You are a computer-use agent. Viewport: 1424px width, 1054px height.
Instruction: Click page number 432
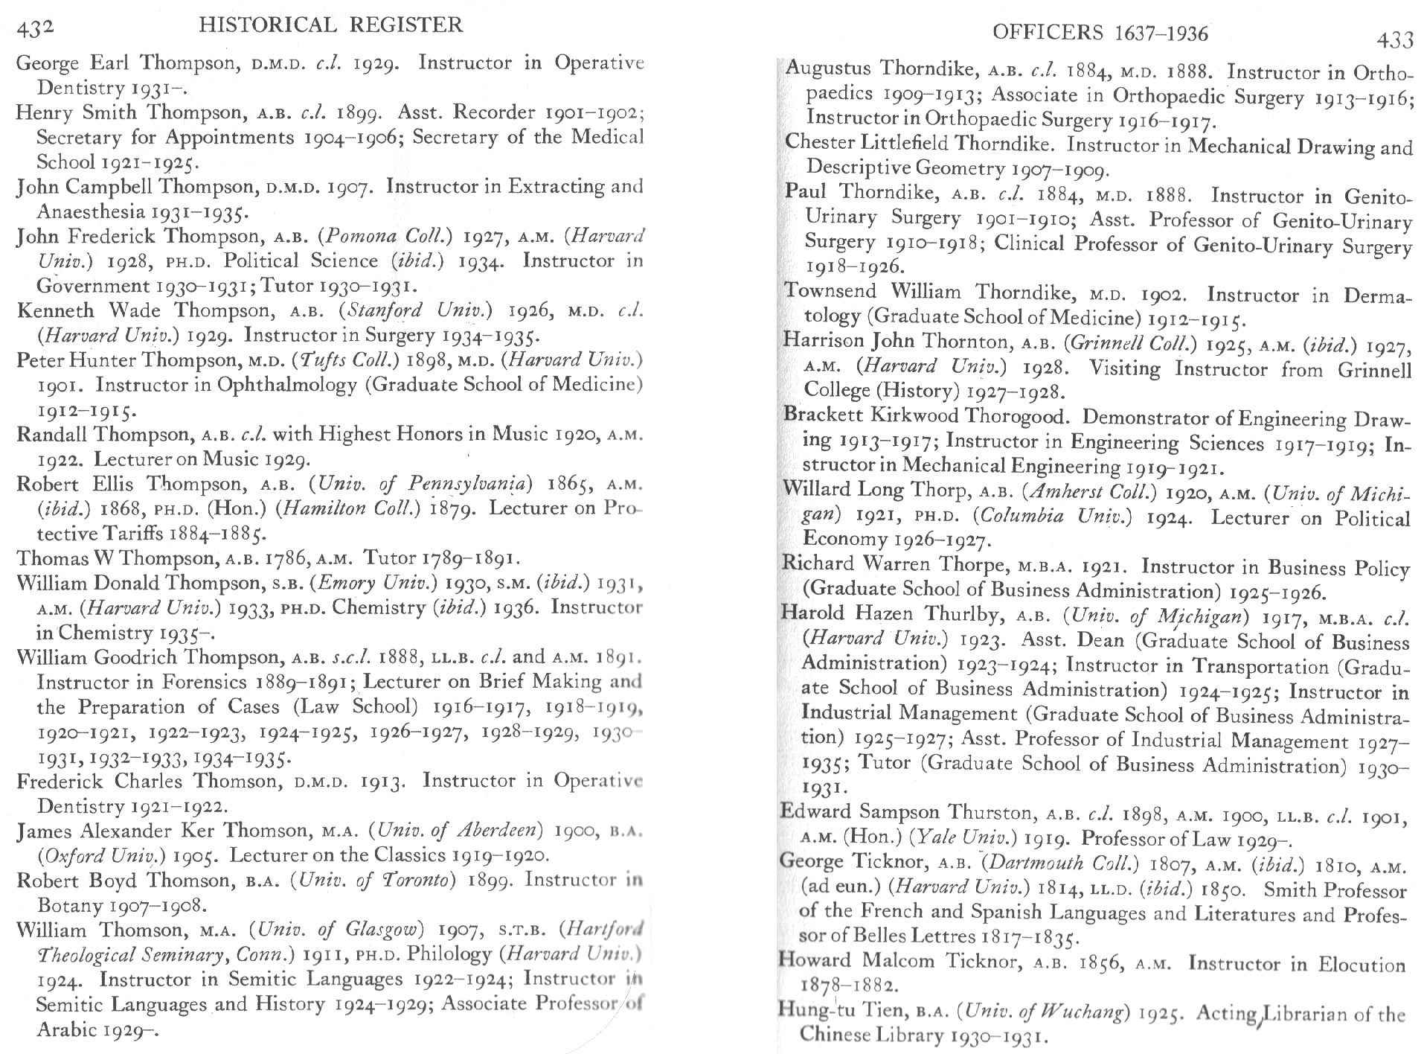[x=35, y=29]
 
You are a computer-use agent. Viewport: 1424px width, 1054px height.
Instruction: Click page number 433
[x=1394, y=39]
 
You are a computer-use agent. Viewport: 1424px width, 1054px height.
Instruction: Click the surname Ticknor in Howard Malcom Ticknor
[x=982, y=961]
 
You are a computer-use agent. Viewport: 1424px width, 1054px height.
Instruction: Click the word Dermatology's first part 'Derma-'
[x=1377, y=296]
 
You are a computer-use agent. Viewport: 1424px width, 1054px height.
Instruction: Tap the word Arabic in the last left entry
[x=67, y=1029]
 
